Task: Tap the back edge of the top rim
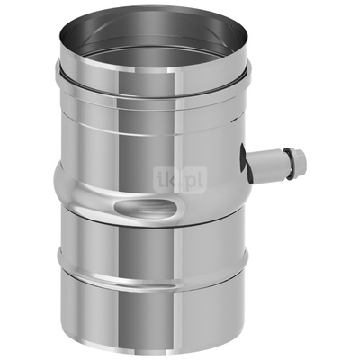point(148,15)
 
